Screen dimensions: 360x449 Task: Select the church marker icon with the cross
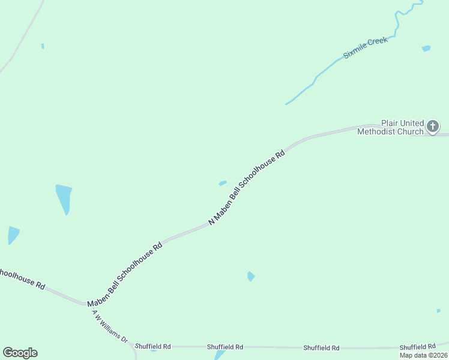click(x=432, y=126)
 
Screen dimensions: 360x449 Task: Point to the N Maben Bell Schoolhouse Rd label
click(x=247, y=187)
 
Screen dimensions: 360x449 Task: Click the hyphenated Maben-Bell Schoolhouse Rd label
click(x=125, y=274)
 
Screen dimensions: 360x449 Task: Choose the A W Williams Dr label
click(x=110, y=326)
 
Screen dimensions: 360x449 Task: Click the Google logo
click(x=20, y=353)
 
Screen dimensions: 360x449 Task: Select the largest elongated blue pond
click(x=63, y=199)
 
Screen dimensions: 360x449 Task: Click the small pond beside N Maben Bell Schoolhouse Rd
click(x=223, y=183)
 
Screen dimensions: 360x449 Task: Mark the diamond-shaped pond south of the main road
click(x=251, y=276)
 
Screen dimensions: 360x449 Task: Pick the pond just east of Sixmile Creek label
click(x=426, y=48)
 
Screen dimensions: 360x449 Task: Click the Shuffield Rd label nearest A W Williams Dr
click(x=153, y=346)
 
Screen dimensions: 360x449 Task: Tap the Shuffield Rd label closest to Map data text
click(x=417, y=347)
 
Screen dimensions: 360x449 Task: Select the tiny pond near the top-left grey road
click(x=43, y=46)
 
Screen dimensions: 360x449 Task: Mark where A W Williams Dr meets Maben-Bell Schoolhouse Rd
click(x=88, y=305)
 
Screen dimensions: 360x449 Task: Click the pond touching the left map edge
click(x=13, y=234)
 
